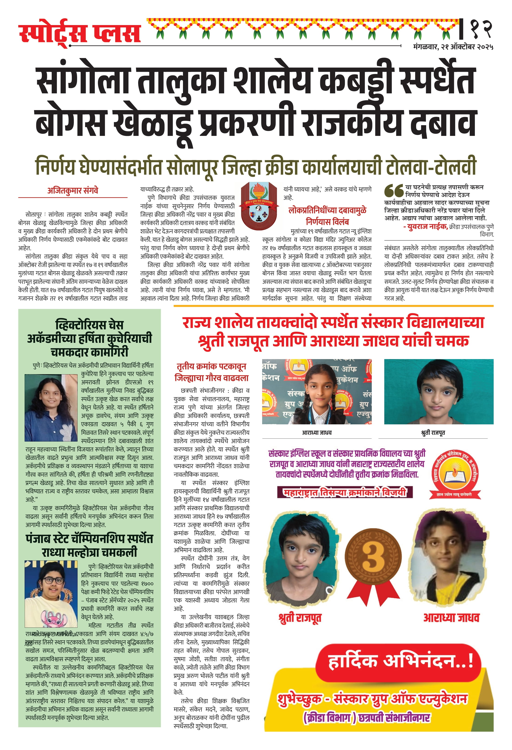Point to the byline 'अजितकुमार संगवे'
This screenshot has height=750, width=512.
73,191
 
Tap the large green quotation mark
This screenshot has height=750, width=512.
394,191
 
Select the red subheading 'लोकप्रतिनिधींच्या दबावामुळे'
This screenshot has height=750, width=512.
327,210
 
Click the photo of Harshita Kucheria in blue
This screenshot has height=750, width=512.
51,408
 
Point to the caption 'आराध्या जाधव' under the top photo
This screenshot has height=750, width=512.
316,433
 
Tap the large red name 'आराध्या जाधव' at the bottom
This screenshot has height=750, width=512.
451,618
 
